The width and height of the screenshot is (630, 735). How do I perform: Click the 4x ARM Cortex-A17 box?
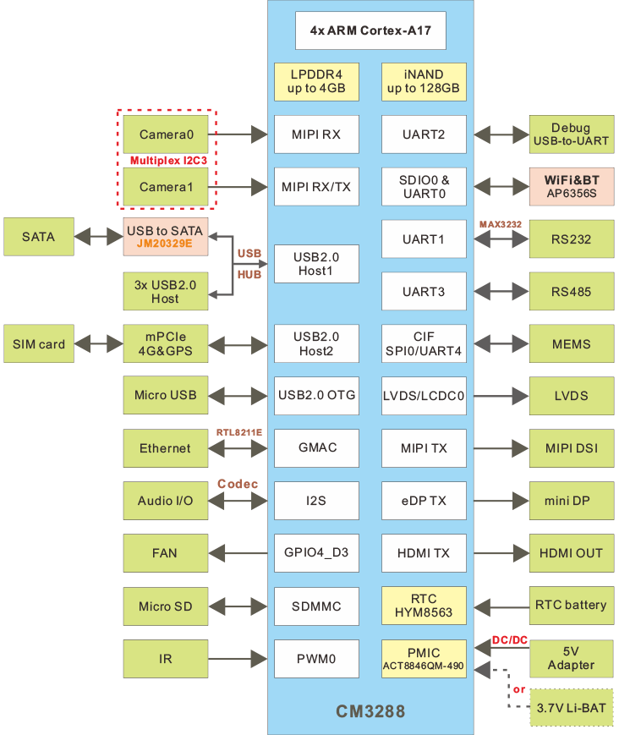pos(370,30)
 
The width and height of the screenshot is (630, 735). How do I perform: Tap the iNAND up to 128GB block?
pos(423,81)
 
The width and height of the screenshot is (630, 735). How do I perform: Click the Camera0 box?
pos(166,134)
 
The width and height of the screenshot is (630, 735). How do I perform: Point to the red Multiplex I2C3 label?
pos(168,160)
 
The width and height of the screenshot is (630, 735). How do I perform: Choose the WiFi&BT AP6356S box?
pos(571,186)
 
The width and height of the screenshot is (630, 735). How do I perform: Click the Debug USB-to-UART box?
pos(571,134)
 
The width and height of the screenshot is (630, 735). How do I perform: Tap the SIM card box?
pos(39,344)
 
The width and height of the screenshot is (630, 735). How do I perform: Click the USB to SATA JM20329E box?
pos(166,238)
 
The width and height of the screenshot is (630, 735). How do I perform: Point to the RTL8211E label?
pos(239,432)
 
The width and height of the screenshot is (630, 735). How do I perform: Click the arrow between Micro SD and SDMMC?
pos(240,606)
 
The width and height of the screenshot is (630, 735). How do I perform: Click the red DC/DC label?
pos(509,641)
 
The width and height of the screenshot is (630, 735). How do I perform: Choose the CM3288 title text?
pos(370,712)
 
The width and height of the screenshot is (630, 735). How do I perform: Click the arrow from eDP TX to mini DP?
pos(497,501)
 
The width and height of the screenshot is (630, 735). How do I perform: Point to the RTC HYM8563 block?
pos(423,606)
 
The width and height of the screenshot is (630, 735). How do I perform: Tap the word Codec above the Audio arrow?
pos(238,485)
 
